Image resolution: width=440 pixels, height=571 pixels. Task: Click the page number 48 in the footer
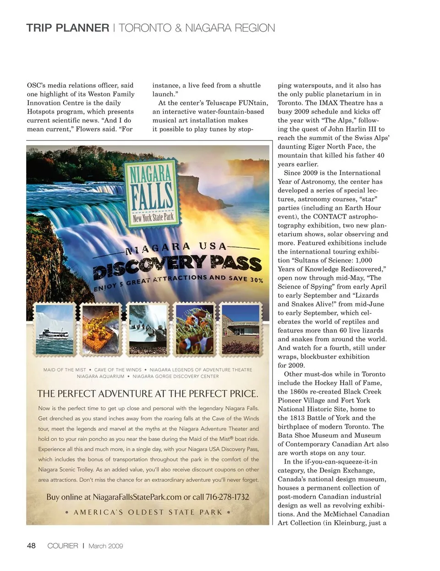(31, 545)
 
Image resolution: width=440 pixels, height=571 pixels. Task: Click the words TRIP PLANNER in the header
(67, 28)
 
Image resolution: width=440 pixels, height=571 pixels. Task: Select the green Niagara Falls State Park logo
(152, 191)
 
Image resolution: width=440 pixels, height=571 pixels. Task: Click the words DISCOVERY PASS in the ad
(177, 266)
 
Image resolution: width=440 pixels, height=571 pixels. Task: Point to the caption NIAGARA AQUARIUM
(100, 376)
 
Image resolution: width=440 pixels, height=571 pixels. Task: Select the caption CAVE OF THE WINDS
(118, 370)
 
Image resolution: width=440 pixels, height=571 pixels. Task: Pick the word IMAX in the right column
(330, 103)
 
